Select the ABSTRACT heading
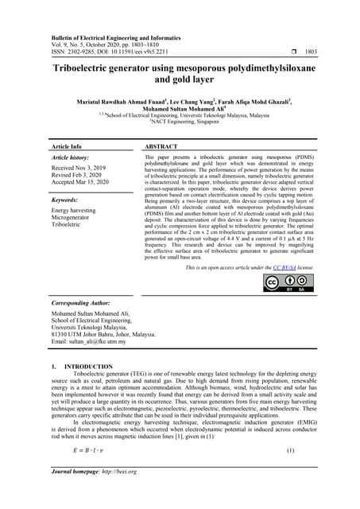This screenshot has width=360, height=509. point(165,148)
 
